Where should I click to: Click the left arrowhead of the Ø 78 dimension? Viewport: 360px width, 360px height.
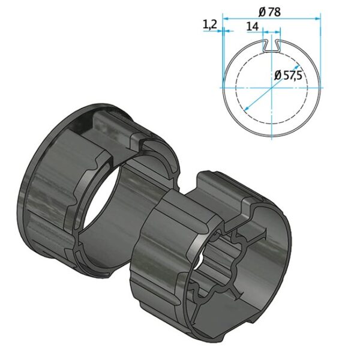click(226, 19)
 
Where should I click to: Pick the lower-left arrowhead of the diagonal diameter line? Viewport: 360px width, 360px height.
click(246, 109)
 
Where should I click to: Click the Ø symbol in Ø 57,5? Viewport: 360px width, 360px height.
click(278, 76)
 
